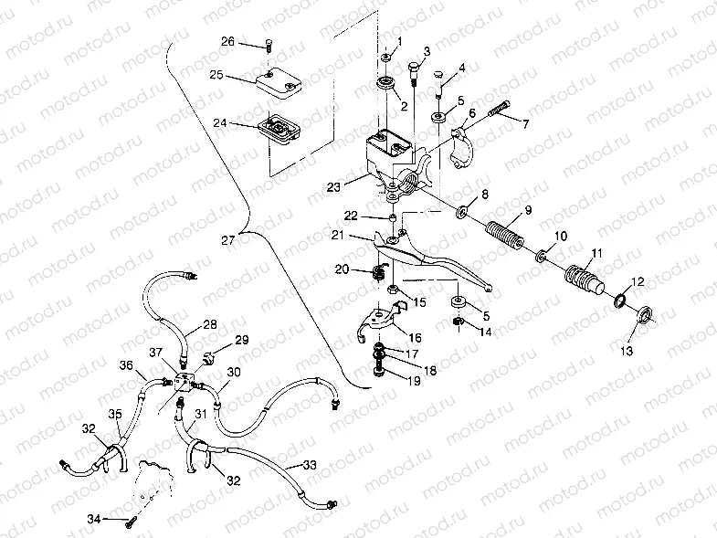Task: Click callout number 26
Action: tap(227, 41)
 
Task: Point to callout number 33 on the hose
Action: tap(311, 466)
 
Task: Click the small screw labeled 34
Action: tap(132, 521)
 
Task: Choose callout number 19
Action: tap(414, 380)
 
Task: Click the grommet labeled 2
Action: tap(385, 88)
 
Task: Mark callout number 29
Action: tap(242, 340)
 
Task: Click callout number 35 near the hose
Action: tap(116, 415)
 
